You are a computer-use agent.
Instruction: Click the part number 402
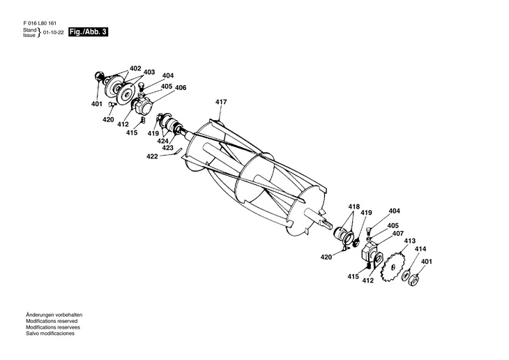click(135, 68)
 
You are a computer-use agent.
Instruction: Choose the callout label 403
click(149, 72)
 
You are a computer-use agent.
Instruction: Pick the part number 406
click(181, 88)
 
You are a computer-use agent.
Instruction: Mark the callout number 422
click(152, 157)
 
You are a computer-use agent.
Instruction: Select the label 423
click(168, 148)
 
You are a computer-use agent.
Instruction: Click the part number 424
click(162, 140)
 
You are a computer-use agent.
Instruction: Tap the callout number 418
click(354, 207)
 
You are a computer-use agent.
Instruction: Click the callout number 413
click(409, 241)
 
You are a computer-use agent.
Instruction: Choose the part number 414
click(420, 249)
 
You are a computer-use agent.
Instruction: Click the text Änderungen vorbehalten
click(54, 315)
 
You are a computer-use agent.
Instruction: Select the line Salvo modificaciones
click(50, 333)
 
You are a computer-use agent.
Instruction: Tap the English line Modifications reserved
click(51, 321)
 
